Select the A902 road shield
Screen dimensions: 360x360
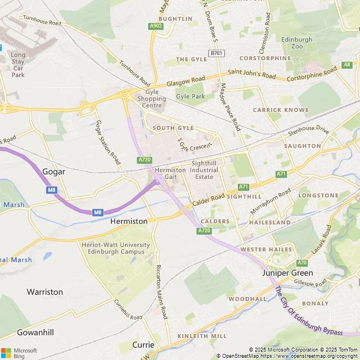click(x=156, y=26)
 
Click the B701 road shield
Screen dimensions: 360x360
click(x=216, y=53)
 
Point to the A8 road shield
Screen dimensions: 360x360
click(x=346, y=65)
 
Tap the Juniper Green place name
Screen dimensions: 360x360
click(x=287, y=273)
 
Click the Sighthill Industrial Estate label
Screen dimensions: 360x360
click(x=204, y=169)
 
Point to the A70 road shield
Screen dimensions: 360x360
click(x=302, y=263)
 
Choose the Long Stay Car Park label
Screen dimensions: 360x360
click(x=18, y=65)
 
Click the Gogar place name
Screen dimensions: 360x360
click(x=54, y=172)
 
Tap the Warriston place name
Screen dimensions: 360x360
click(x=45, y=292)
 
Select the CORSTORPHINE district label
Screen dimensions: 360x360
click(x=264, y=58)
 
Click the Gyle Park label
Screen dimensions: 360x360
click(x=190, y=96)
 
